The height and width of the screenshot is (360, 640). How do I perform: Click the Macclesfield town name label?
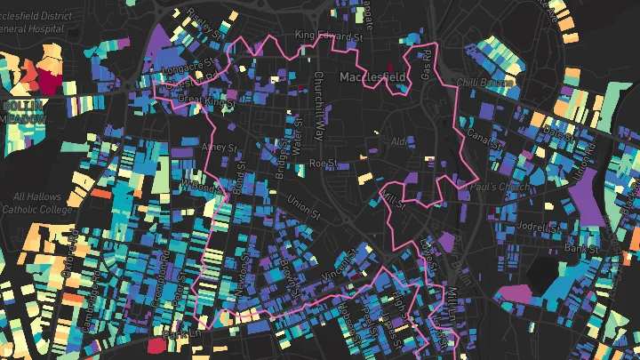tap(372, 77)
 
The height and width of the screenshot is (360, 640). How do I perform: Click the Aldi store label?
tap(398, 140)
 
